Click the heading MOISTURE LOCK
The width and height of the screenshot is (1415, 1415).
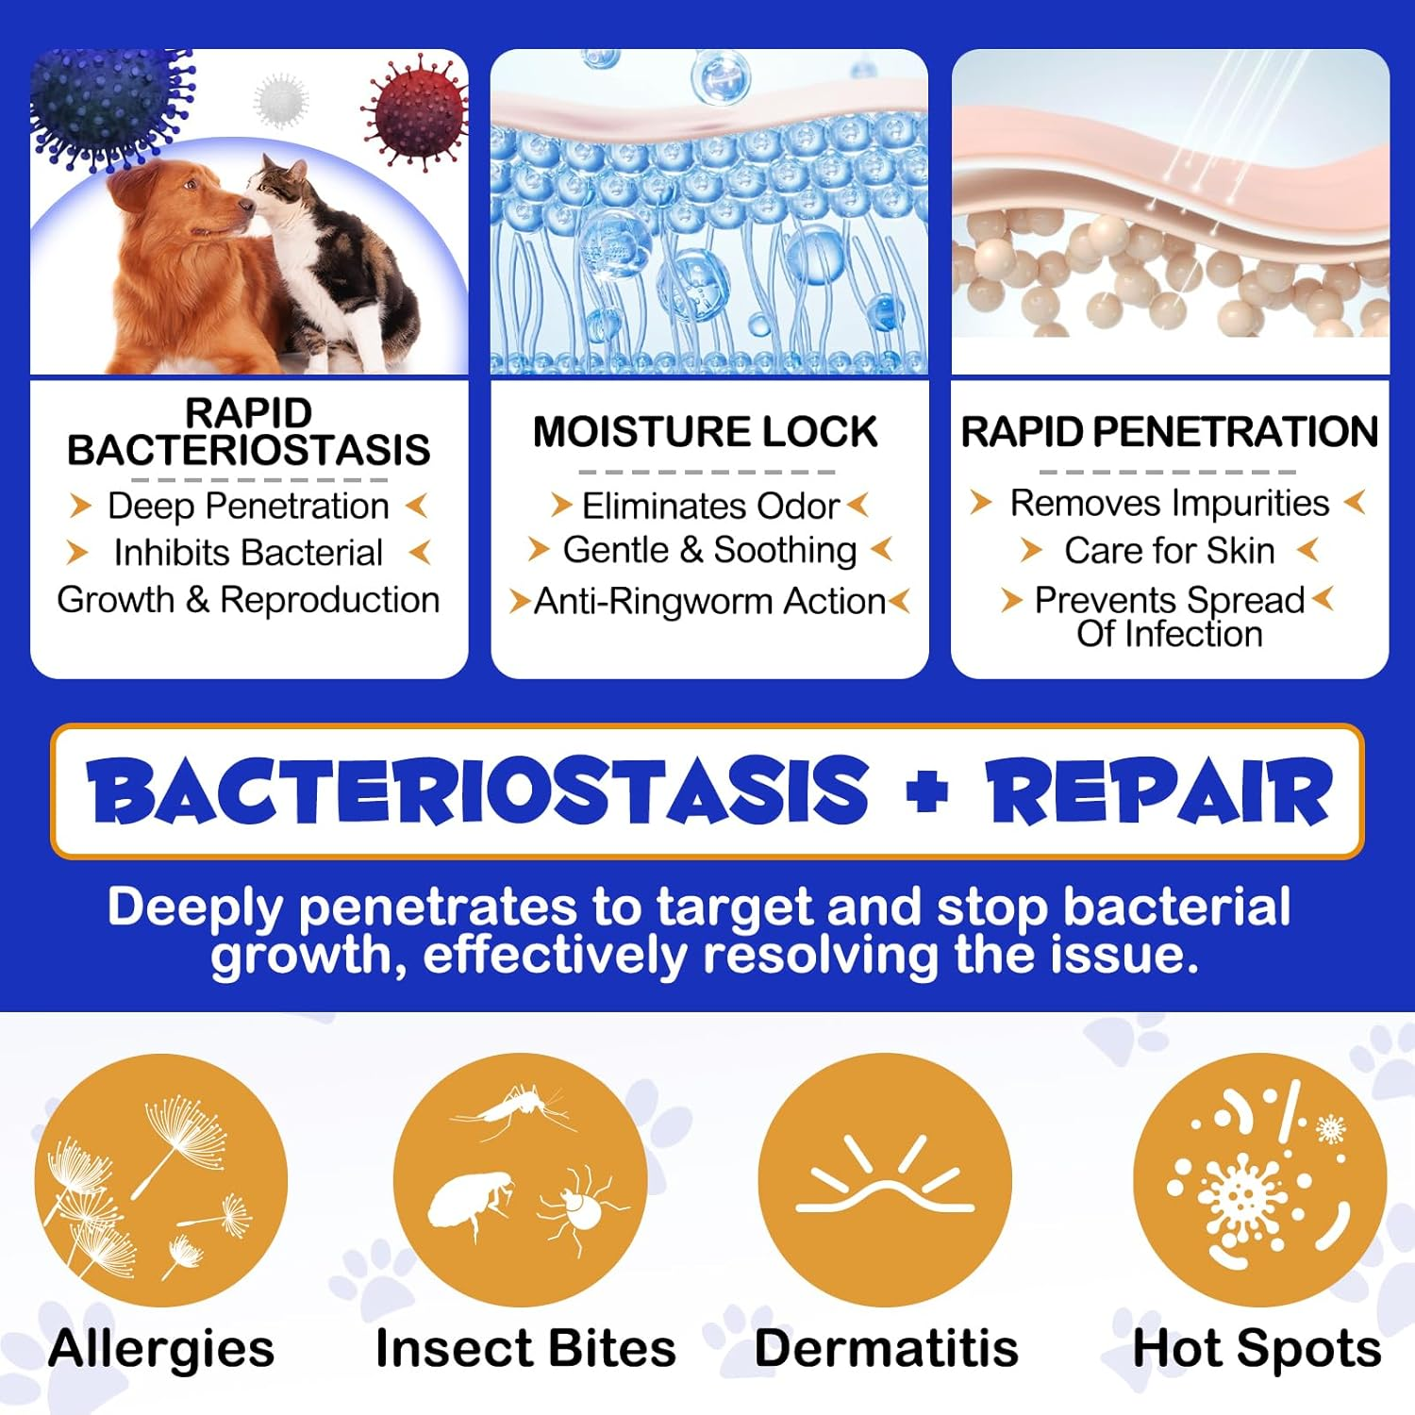pyautogui.click(x=705, y=432)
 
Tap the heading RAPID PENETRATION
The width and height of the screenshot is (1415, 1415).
pyautogui.click(x=1169, y=432)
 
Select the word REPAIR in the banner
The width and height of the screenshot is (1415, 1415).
pyautogui.click(x=1159, y=791)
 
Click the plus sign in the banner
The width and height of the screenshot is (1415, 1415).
pyautogui.click(x=926, y=791)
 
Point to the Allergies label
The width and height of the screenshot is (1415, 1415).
pyautogui.click(x=161, y=1348)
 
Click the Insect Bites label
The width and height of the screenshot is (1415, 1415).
pyautogui.click(x=525, y=1348)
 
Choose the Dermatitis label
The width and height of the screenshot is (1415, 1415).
pyautogui.click(x=886, y=1348)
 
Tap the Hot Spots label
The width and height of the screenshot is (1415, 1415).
pyautogui.click(x=1257, y=1348)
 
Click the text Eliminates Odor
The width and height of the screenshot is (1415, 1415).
pyautogui.click(x=709, y=507)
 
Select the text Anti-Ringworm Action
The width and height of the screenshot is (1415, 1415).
pyautogui.click(x=709, y=601)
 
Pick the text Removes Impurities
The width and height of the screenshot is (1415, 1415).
pyautogui.click(x=1169, y=503)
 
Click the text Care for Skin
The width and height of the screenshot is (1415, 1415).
pyautogui.click(x=1169, y=551)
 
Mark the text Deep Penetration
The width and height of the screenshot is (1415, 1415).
pyautogui.click(x=248, y=507)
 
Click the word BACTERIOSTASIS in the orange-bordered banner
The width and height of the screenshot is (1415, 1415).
pyautogui.click(x=477, y=791)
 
